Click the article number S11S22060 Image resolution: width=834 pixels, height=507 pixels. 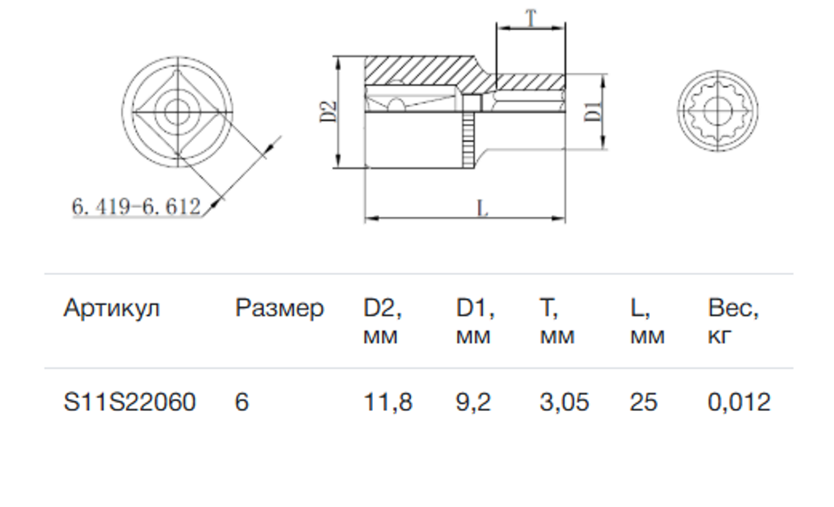pyautogui.click(x=130, y=402)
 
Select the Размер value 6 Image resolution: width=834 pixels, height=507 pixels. pyautogui.click(x=242, y=402)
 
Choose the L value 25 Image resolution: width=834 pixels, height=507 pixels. pyautogui.click(x=643, y=402)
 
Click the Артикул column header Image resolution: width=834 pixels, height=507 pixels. pyautogui.click(x=111, y=309)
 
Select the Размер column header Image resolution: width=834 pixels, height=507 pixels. pyautogui.click(x=279, y=309)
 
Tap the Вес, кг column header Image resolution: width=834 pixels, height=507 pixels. pyautogui.click(x=732, y=322)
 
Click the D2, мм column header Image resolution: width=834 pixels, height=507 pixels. pyautogui.click(x=382, y=322)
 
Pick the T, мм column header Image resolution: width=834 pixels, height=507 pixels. pyautogui.click(x=557, y=322)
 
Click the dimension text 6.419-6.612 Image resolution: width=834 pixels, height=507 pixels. pyautogui.click(x=136, y=206)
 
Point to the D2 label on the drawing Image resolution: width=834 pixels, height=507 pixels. pyautogui.click(x=329, y=111)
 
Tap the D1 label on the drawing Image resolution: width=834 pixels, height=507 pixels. pyautogui.click(x=593, y=111)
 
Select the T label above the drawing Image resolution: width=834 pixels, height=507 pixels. pyautogui.click(x=531, y=18)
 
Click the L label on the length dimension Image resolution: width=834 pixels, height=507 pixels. pyautogui.click(x=483, y=208)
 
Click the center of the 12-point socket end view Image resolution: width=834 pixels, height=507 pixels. pyautogui.click(x=718, y=111)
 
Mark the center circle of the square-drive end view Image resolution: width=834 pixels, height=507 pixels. pyautogui.click(x=177, y=111)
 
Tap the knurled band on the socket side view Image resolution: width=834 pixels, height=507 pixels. pyautogui.click(x=468, y=140)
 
